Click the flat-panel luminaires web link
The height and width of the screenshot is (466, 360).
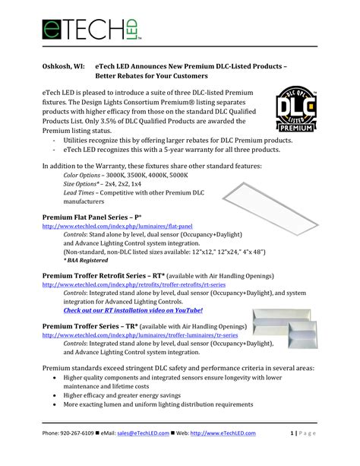click(x=117, y=227)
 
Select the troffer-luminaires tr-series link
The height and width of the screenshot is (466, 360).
click(x=140, y=334)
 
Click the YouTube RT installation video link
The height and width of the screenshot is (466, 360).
click(x=133, y=311)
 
